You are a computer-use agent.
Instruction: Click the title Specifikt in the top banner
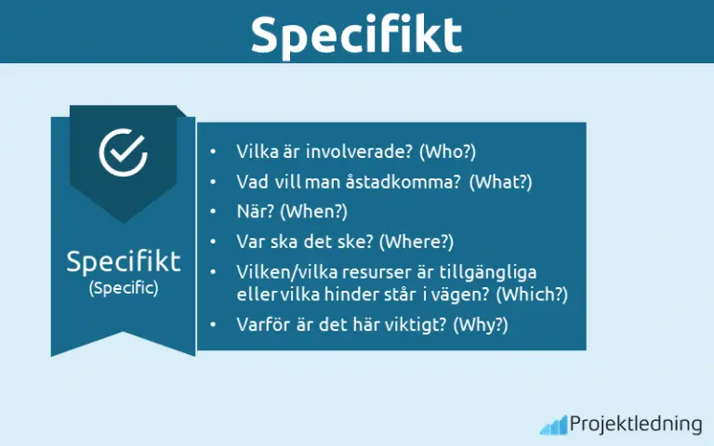[356, 33]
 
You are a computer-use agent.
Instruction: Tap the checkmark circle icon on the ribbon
[123, 152]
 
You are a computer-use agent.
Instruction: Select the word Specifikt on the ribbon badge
[123, 262]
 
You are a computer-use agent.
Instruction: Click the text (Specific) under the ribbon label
[123, 288]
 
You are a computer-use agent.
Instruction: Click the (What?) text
[501, 182]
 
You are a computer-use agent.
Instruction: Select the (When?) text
[312, 212]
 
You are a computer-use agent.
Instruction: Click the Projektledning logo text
[637, 425]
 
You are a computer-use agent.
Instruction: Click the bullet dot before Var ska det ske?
[215, 243]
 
